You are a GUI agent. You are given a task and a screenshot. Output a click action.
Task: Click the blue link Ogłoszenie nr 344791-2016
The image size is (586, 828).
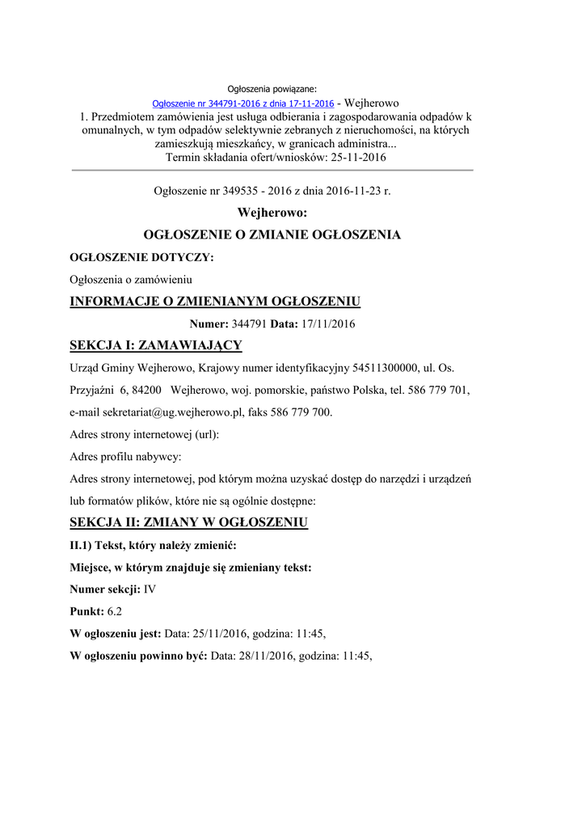pyautogui.click(x=243, y=103)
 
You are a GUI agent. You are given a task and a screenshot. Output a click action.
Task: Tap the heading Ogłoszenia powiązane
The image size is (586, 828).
pyautogui.click(x=272, y=88)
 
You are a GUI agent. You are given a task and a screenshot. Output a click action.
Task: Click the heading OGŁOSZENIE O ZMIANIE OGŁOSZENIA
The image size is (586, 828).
pyautogui.click(x=272, y=235)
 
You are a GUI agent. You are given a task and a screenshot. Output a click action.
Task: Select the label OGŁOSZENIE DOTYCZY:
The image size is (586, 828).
pyautogui.click(x=142, y=258)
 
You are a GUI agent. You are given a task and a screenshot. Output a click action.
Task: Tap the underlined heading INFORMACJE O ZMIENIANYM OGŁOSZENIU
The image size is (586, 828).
pyautogui.click(x=215, y=302)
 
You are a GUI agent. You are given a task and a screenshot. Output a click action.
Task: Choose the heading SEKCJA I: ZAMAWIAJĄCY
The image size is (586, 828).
pyautogui.click(x=156, y=346)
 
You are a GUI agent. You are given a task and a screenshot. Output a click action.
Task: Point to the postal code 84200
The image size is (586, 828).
pyautogui.click(x=146, y=390)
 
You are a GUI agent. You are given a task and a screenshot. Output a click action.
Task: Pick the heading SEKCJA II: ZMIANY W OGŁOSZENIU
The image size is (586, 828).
pyautogui.click(x=189, y=522)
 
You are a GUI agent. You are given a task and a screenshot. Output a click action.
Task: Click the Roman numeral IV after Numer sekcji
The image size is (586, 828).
pyautogui.click(x=150, y=589)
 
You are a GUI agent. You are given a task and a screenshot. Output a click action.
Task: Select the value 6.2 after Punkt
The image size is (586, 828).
pyautogui.click(x=116, y=611)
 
